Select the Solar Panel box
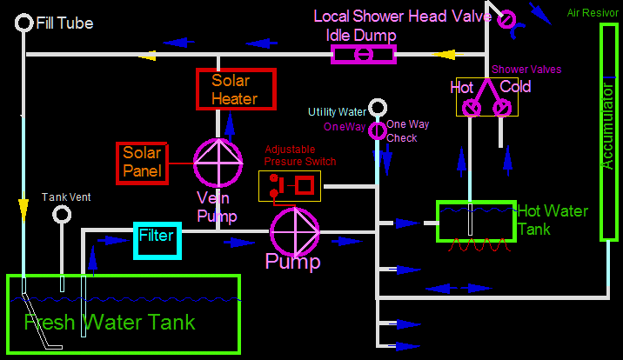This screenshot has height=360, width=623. pos(142,163)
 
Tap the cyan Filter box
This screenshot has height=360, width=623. pos(157,241)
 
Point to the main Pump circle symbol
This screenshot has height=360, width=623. pos(295,230)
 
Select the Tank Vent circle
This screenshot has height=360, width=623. pos(62,214)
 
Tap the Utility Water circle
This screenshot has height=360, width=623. pos(377,108)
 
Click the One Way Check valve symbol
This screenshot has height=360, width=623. pos(377,130)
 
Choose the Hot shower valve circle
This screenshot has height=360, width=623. pos(471,108)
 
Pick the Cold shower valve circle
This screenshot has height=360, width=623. pos(502,108)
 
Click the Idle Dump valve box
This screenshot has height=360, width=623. pos(364,55)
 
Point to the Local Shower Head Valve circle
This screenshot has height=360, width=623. pos(506,18)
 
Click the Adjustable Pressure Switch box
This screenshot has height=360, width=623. pos(290,185)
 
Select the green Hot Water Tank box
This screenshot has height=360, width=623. pos(475,221)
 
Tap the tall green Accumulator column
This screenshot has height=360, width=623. pos(608,130)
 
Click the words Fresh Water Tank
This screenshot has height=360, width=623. pos(110,323)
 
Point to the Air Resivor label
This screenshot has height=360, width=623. pos(593,12)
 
